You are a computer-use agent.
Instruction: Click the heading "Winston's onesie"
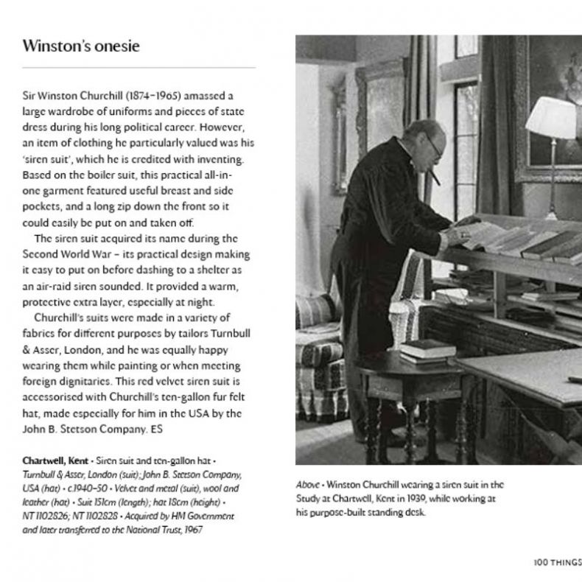[x=81, y=46]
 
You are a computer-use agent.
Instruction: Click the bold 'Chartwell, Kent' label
[x=55, y=460]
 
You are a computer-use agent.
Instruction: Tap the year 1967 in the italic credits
[x=190, y=529]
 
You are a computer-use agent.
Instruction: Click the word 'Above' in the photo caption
[x=307, y=485]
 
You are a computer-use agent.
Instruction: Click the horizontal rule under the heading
[x=139, y=68]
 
